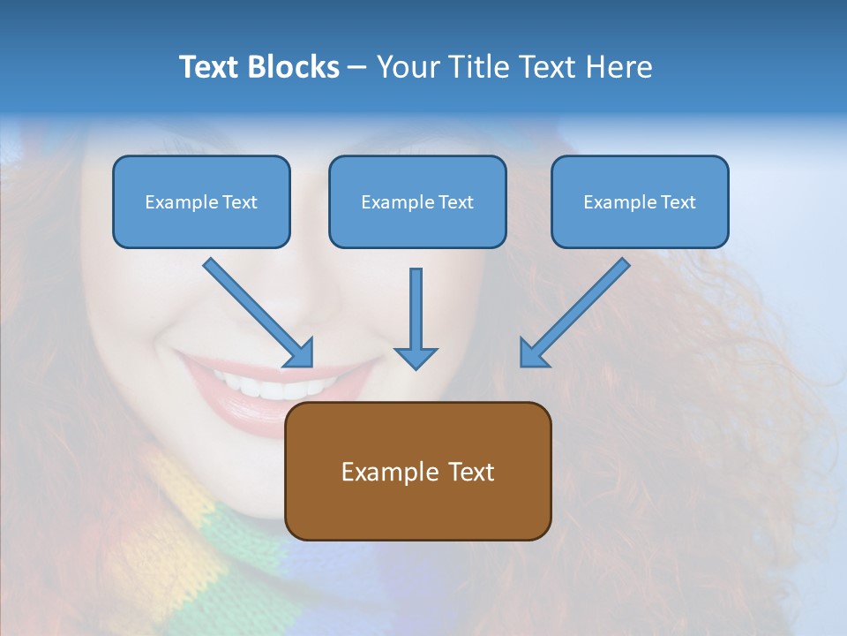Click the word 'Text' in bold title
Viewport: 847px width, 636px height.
pos(208,67)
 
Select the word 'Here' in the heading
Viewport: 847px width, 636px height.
pos(621,67)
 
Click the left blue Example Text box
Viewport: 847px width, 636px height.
pos(201,201)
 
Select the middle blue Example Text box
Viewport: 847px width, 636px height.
pos(417,201)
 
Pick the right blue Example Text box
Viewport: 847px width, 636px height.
pos(640,201)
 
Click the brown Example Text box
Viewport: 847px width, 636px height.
pos(417,471)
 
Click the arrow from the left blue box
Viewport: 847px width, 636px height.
pos(256,310)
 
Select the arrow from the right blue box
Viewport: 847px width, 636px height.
pos(578,310)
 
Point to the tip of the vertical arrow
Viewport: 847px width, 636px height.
pos(416,367)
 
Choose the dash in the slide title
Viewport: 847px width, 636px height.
pos(357,67)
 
